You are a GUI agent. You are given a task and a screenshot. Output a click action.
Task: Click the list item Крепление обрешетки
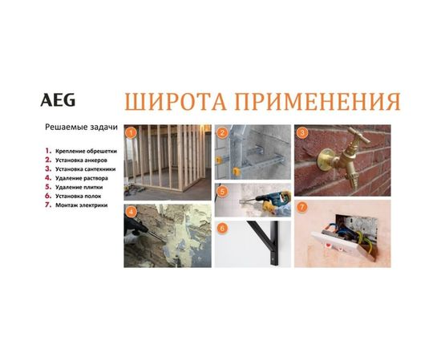(84, 151)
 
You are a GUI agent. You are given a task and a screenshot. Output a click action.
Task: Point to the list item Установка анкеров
(81, 160)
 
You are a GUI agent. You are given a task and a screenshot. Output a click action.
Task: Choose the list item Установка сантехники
(86, 169)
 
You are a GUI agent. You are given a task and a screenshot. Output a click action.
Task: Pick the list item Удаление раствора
(82, 178)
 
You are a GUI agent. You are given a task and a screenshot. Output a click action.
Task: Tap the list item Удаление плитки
(79, 187)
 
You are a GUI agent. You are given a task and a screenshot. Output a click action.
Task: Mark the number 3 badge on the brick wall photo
(302, 132)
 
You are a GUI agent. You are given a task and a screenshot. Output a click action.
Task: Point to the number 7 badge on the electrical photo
(302, 207)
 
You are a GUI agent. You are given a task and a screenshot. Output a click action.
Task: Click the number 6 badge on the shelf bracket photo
(223, 228)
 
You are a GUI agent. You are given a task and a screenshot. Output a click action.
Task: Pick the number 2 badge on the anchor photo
(223, 132)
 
